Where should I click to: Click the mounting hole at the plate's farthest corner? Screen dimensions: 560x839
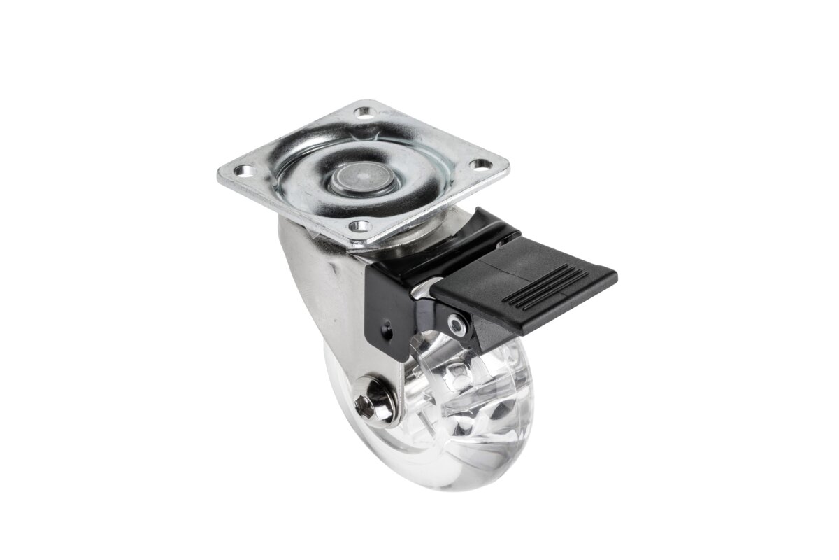point(363,111)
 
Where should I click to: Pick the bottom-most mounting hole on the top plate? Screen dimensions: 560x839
point(359,225)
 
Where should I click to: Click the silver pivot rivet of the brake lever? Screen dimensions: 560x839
point(458,323)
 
